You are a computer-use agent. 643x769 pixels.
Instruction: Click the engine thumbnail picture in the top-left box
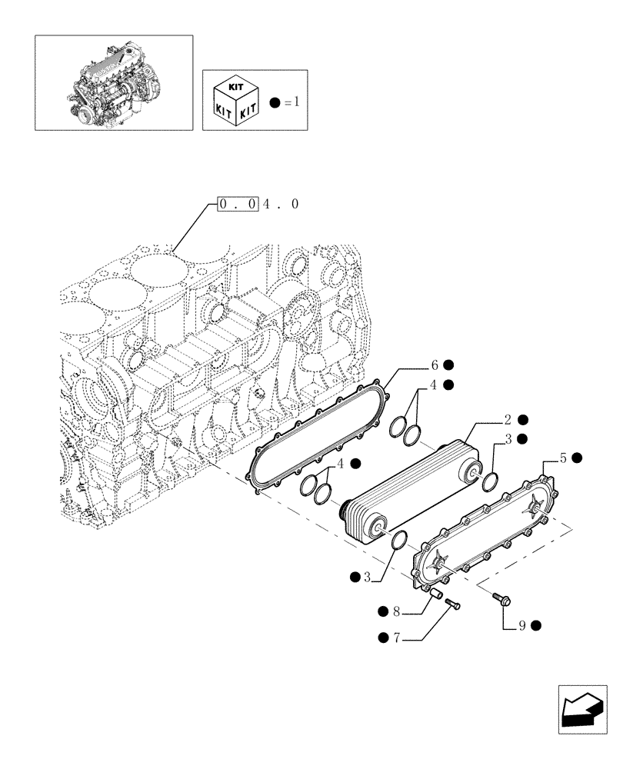114,82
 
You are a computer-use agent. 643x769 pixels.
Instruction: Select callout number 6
435,365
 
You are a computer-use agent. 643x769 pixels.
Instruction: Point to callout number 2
508,420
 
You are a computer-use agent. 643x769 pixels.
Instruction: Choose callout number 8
396,612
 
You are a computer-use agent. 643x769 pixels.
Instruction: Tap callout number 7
396,637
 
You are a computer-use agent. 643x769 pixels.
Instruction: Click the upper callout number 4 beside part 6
435,385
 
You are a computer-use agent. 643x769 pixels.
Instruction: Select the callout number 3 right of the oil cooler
508,439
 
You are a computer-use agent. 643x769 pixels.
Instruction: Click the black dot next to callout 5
576,458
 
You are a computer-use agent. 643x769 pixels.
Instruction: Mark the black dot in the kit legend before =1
274,101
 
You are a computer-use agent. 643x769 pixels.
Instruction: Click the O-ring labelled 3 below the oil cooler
398,542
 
